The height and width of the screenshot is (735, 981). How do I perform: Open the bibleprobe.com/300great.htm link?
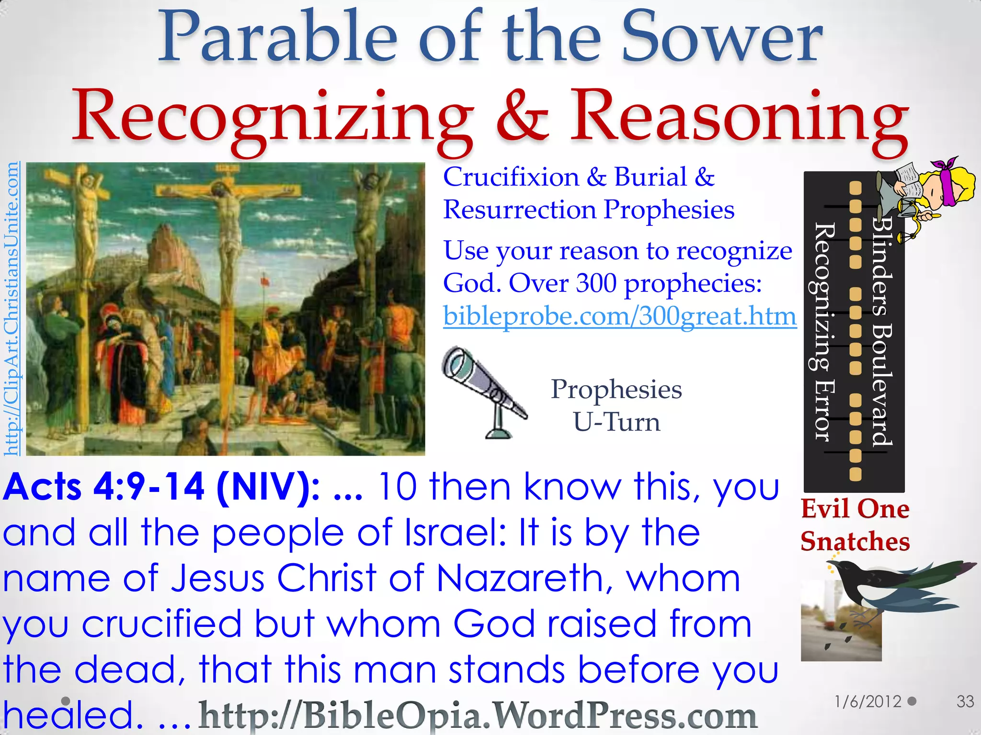(620, 316)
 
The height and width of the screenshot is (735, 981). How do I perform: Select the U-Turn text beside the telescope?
(616, 423)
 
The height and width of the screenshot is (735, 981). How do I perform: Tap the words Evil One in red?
(855, 509)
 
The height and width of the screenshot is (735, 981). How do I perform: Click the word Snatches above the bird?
(855, 542)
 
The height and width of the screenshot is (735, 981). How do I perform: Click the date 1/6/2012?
(867, 702)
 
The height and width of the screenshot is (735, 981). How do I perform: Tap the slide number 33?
(965, 702)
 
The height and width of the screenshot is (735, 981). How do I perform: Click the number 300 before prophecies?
(596, 283)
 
